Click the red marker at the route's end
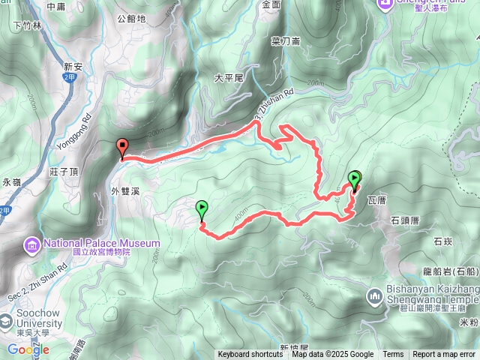122,148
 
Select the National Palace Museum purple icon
33,244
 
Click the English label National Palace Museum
101,243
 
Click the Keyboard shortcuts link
250,355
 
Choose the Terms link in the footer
393,355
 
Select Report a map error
445,355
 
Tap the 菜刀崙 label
287,42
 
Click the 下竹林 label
28,25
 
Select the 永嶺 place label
12,182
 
